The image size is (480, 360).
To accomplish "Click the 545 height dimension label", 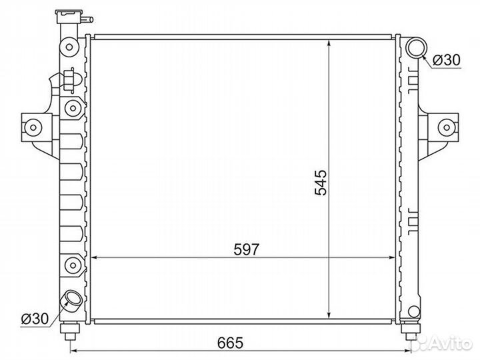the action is pos(321,183).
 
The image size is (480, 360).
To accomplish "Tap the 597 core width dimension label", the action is pos(247,249).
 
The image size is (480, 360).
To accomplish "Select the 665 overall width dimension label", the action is pos(230,343).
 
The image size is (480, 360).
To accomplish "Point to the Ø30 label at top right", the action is pos(447,60).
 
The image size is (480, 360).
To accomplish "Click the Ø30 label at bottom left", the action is pos(35,319).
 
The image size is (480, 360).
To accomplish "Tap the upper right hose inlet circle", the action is pos(416,47).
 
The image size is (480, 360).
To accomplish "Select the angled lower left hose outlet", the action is pos(71,300).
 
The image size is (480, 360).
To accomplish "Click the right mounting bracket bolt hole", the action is pos(447,127).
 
